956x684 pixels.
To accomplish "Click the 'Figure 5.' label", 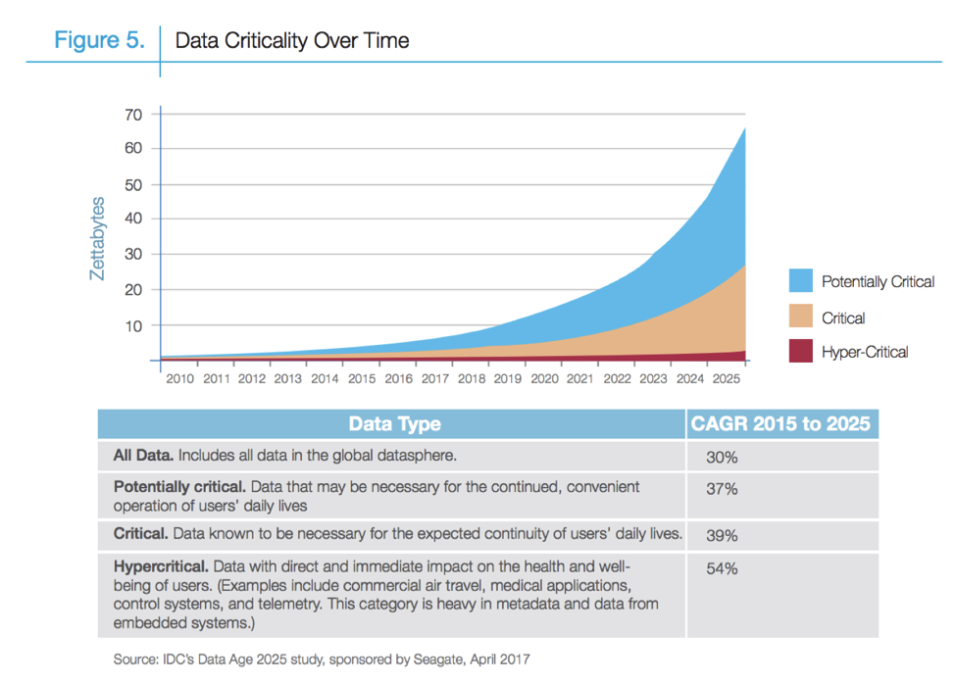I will [x=99, y=40].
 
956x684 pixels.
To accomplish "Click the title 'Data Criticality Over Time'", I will [x=291, y=40].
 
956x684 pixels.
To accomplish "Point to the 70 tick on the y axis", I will [x=133, y=115].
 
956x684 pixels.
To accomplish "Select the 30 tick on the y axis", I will [x=133, y=255].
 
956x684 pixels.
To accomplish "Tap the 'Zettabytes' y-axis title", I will [x=97, y=239].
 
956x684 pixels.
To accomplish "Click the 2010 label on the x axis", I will [x=179, y=378].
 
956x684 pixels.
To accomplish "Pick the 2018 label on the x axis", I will [x=471, y=378].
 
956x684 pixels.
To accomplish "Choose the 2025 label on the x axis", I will [x=725, y=378].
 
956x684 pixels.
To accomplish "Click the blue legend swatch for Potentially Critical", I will [x=800, y=281].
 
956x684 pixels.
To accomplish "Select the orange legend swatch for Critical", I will [x=800, y=317].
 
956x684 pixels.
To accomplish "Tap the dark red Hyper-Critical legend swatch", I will [x=800, y=351].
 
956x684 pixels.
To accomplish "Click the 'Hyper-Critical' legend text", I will [x=865, y=352].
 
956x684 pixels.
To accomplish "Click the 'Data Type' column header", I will [x=394, y=424].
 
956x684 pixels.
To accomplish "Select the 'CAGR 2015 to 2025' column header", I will [x=781, y=424].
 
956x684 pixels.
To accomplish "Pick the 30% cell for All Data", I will [x=721, y=457].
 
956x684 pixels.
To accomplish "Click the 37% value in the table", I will [x=721, y=488].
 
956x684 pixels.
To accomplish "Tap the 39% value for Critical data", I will [x=721, y=536].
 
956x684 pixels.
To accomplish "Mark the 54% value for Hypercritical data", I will [x=721, y=568].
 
